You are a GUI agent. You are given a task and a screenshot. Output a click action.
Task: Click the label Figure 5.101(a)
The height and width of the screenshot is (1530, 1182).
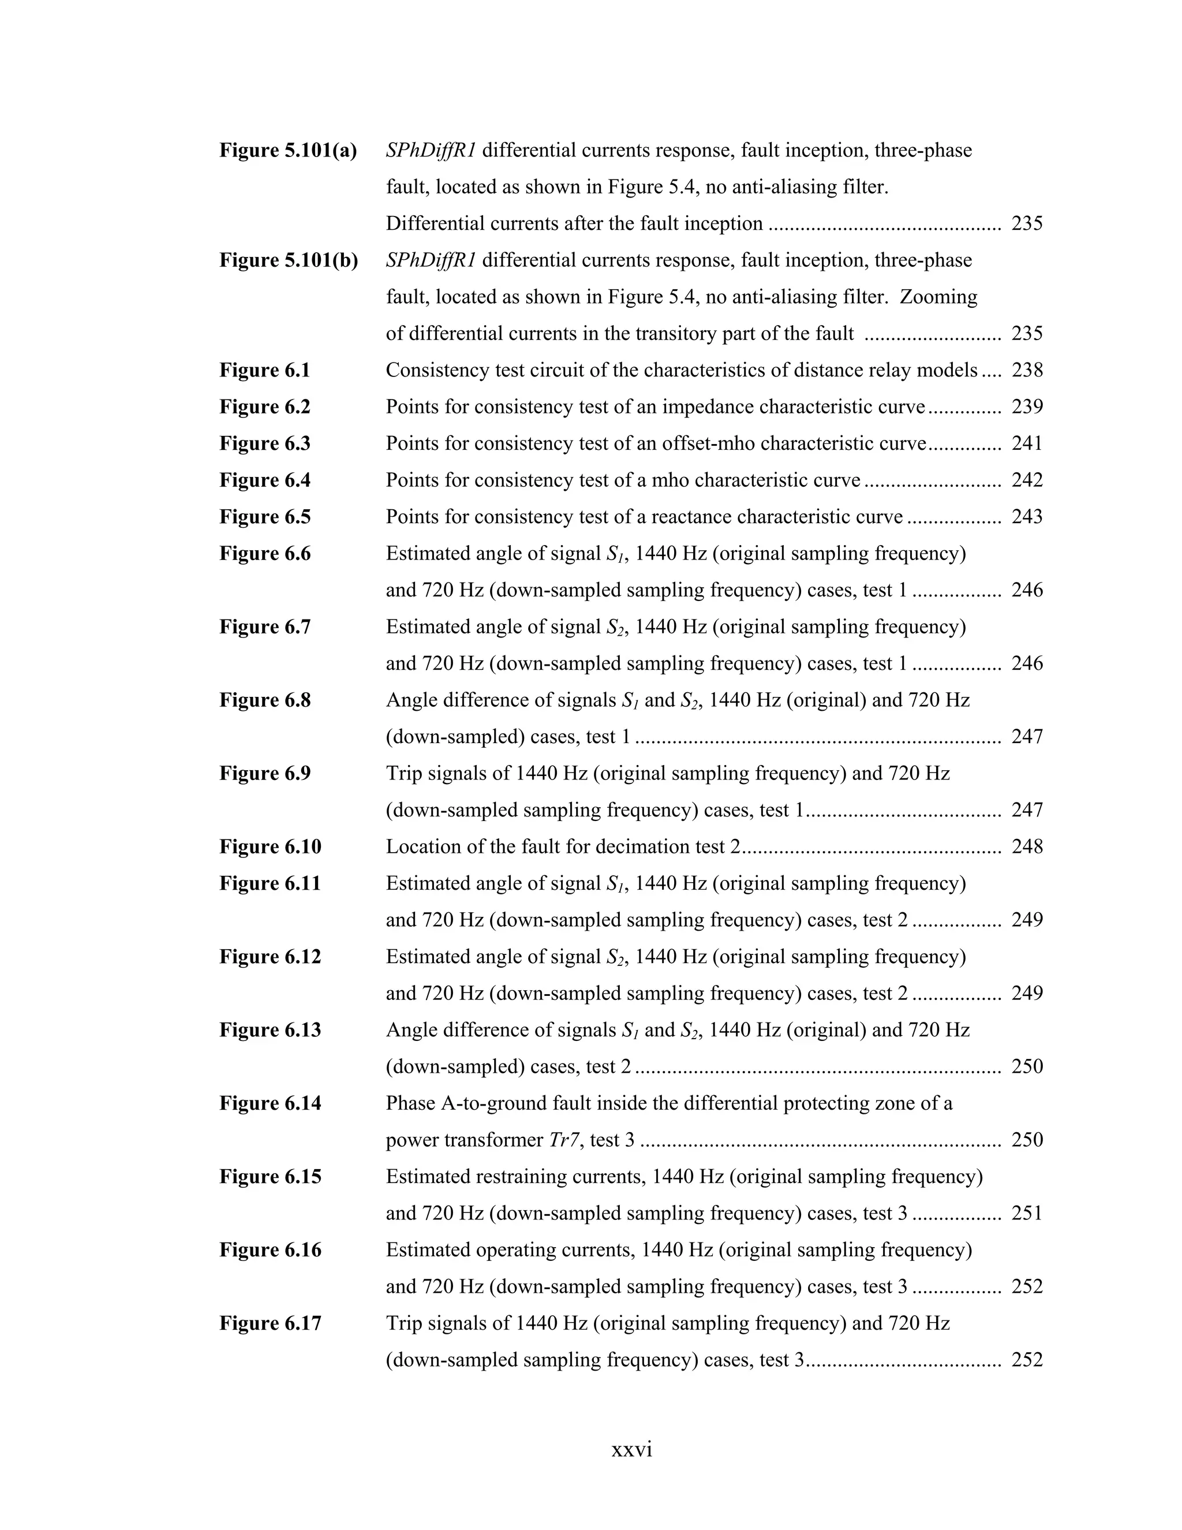click(288, 151)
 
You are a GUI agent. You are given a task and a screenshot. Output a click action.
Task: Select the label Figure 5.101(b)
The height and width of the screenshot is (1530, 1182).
click(289, 260)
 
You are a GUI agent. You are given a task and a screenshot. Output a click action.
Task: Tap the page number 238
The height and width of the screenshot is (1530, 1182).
click(1027, 371)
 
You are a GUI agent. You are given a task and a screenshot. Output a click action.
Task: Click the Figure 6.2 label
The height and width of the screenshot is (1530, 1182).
click(265, 407)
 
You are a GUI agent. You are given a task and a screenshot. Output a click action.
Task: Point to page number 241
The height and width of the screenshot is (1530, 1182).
click(1027, 443)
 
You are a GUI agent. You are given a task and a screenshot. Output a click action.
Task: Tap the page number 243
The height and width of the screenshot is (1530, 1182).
click(1027, 517)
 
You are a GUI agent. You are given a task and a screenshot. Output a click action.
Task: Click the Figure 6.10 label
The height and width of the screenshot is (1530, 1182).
click(270, 847)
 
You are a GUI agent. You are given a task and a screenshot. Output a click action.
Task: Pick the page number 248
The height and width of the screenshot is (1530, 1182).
click(1027, 847)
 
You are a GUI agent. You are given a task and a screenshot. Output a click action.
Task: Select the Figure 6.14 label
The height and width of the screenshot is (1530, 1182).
click(270, 1103)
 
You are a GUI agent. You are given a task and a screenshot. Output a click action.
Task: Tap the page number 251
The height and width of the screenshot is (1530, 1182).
click(1027, 1214)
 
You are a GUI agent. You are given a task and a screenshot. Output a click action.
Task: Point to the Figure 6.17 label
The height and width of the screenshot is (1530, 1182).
click(270, 1323)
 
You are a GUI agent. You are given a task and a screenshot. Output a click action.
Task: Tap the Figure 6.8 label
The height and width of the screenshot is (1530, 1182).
click(265, 700)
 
